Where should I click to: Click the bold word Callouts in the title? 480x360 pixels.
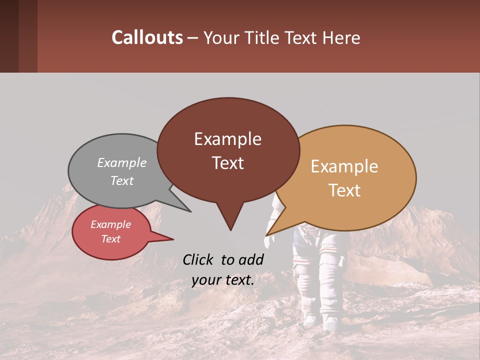[147, 37]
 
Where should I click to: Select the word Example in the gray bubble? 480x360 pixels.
[121, 163]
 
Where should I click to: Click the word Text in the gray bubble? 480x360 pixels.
[121, 181]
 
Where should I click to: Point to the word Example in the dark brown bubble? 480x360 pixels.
[227, 139]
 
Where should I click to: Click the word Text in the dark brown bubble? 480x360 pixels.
[227, 163]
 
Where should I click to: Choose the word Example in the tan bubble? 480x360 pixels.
[344, 166]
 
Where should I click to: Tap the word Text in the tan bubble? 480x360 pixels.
[344, 190]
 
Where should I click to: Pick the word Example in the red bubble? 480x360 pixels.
[110, 224]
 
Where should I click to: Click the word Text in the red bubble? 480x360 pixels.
[110, 239]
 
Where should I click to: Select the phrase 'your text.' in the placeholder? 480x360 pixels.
[223, 280]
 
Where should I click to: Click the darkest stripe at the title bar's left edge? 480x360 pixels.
[9, 36]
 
